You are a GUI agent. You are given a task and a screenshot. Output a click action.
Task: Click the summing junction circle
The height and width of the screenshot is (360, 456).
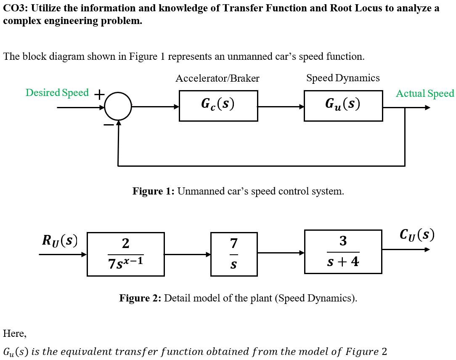coord(118,107)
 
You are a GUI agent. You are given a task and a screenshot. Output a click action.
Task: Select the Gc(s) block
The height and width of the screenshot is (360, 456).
coord(218,106)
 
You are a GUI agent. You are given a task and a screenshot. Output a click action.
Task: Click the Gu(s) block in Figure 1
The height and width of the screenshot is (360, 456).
coord(343,106)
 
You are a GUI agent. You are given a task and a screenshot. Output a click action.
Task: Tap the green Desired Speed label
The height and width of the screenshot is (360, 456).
coord(57,93)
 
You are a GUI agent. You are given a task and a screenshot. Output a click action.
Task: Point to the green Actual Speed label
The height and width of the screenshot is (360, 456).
coord(425,93)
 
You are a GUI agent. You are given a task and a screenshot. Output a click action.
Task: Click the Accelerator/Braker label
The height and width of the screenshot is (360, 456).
coord(217,78)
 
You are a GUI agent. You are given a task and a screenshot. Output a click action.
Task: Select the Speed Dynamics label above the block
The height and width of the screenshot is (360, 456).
coord(343,78)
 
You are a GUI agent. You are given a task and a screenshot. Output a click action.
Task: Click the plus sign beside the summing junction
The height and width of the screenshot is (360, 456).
coord(99,95)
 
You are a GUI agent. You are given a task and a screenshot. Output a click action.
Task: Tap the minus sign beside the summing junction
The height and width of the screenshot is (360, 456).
coord(109,125)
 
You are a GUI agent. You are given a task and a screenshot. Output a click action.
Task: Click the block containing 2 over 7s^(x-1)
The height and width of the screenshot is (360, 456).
coord(125,254)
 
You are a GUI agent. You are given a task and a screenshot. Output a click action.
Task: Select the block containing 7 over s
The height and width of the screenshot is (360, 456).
coord(234,254)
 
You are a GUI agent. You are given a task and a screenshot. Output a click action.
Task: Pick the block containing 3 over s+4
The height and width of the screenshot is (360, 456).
coord(343,251)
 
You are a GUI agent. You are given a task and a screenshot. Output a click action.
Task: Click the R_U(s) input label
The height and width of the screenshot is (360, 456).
coord(60,240)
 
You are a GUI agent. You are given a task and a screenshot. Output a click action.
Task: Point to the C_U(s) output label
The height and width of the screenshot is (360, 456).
coord(417,235)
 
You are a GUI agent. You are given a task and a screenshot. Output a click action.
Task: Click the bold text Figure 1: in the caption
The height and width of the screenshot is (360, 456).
coord(153,191)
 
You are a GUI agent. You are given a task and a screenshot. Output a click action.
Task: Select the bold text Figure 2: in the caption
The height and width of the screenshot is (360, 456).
coord(140,298)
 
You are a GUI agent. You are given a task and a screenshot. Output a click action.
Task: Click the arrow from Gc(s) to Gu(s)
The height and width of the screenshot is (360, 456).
coord(281,107)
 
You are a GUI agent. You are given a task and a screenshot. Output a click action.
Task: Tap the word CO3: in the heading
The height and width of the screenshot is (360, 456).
coord(16,8)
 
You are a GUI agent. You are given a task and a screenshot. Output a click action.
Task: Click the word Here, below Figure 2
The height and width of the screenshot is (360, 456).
coord(15,333)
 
